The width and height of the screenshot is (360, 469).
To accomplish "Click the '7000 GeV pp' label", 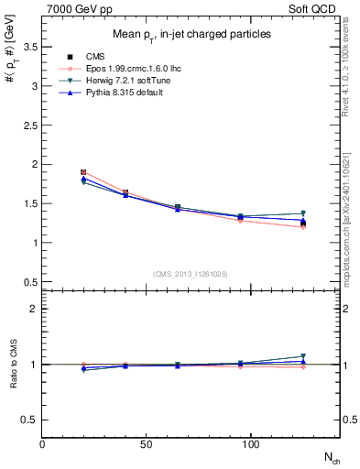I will point(76,7).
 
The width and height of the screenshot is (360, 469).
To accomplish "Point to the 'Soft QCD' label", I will point(315,7).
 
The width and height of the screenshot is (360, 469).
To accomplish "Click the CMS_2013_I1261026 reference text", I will point(191,273).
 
